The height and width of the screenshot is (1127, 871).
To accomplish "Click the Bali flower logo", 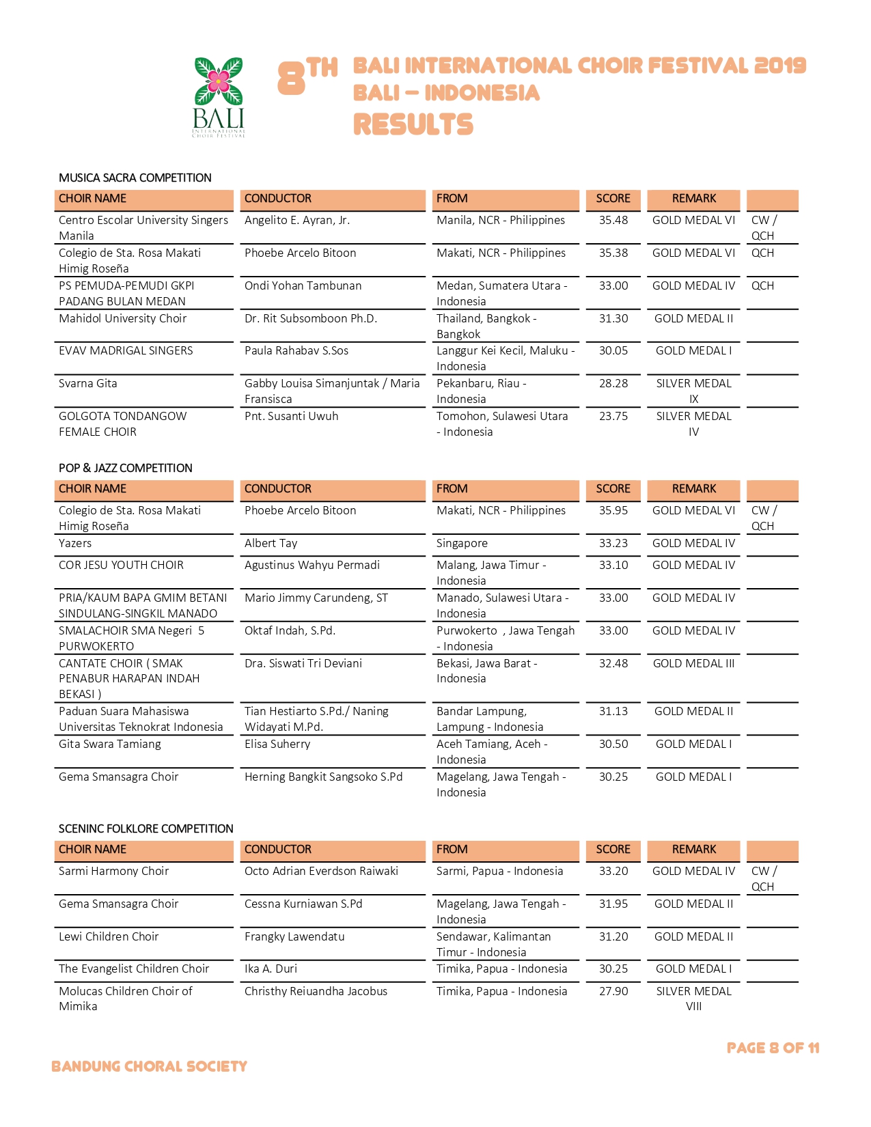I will [x=219, y=96].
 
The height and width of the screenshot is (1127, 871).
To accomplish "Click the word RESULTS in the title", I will [x=413, y=125].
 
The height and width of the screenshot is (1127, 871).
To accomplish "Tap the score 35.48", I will [x=613, y=220].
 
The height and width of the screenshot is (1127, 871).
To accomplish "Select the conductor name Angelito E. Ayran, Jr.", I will [x=296, y=220].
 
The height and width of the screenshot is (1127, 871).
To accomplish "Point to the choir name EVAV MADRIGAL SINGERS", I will [x=126, y=350].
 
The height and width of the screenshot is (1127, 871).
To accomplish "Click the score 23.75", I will [x=613, y=416].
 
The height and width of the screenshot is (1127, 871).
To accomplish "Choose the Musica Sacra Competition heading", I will [x=135, y=178].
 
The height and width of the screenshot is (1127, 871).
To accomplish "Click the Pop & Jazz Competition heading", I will [x=125, y=468].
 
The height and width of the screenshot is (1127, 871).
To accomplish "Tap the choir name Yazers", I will [x=75, y=543].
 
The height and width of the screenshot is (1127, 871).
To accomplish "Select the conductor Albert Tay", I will [x=271, y=543].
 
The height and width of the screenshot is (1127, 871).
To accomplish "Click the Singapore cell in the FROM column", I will [x=462, y=543].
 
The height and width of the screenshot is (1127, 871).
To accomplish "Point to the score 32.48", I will [x=613, y=663].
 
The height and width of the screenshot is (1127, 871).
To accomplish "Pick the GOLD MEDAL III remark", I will [x=693, y=663].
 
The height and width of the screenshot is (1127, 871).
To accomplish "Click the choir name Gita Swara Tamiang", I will [x=110, y=744].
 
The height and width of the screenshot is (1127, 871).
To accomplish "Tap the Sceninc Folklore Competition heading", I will [x=146, y=829].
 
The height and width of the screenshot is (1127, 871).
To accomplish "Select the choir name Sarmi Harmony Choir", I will [x=113, y=871].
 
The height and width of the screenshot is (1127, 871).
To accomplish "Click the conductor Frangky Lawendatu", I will [x=294, y=936].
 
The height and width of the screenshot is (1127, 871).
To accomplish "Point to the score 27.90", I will [x=613, y=991].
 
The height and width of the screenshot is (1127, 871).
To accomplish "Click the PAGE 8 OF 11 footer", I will [x=773, y=1048].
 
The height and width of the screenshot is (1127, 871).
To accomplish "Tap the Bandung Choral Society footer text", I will [x=149, y=1066].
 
